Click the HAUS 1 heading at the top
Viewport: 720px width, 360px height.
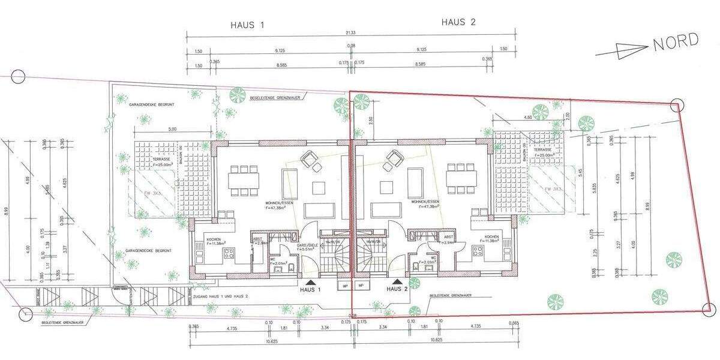pos(247,25)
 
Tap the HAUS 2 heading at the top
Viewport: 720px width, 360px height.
pos(458,23)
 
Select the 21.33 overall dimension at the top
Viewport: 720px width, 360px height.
pos(351,34)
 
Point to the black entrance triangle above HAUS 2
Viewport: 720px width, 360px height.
pos(397,280)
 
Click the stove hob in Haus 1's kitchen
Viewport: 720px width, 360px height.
pos(229,254)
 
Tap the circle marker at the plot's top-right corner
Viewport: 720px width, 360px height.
pos(677,104)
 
